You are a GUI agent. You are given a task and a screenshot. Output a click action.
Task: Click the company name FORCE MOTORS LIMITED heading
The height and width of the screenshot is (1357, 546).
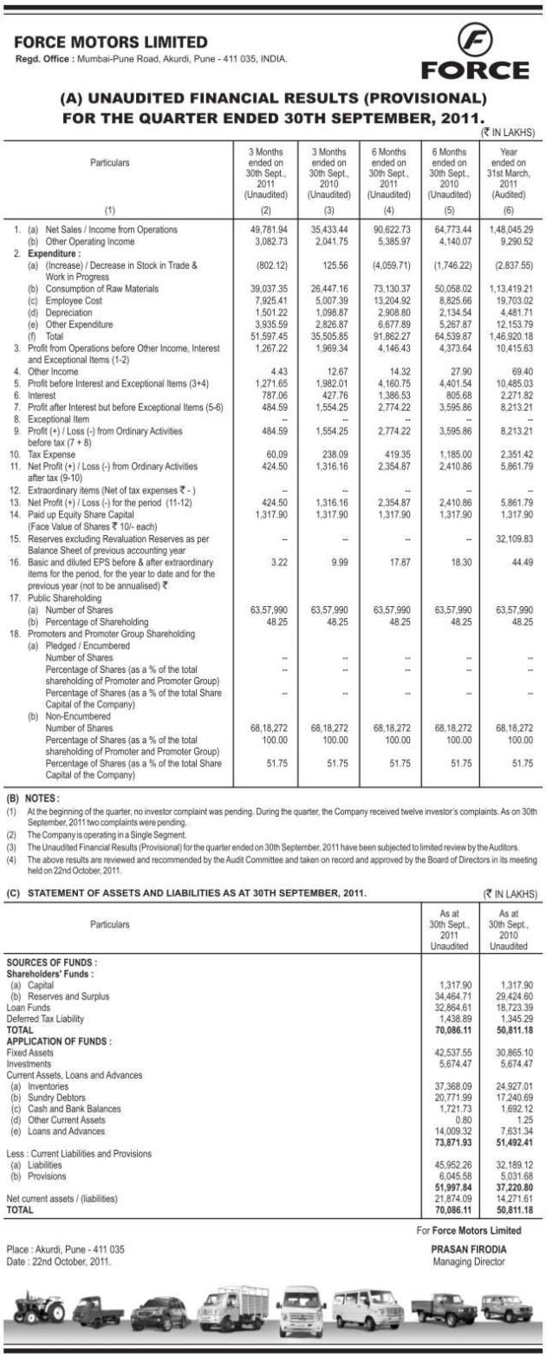click(112, 42)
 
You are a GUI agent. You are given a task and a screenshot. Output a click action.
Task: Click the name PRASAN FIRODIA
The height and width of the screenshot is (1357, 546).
click(468, 1249)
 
